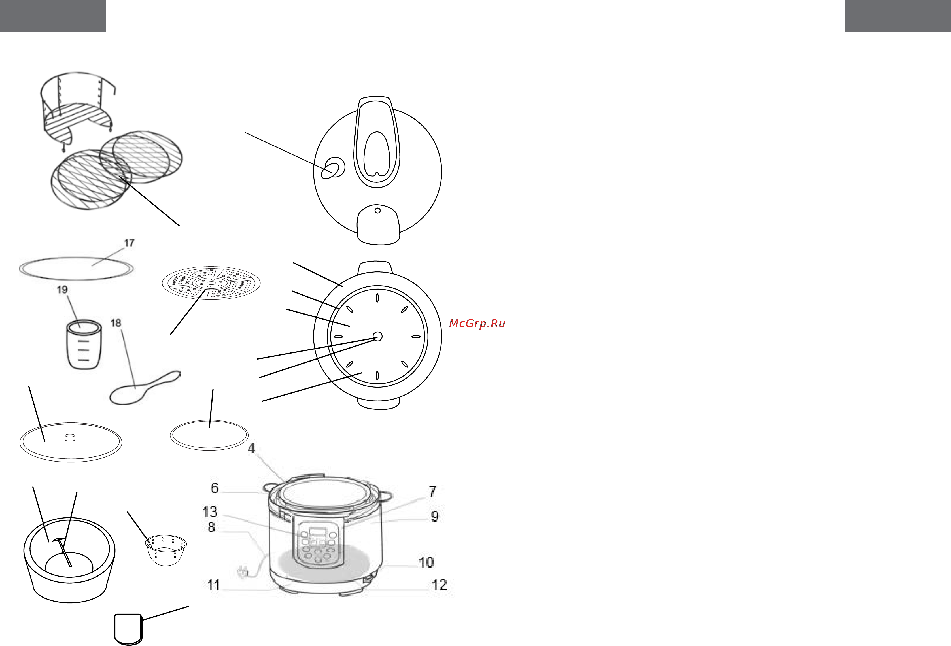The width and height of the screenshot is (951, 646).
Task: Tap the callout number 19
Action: coord(62,290)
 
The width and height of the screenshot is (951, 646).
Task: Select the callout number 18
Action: coord(116,323)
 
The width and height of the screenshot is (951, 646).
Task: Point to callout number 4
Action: coord(251,449)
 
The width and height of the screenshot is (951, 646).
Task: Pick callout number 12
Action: coord(440,585)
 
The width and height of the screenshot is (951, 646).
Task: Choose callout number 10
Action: coord(426,562)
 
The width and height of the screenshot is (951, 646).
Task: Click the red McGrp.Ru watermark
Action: coord(477,324)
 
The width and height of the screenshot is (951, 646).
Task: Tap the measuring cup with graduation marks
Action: coord(84,345)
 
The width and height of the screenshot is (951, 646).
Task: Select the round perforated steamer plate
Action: coord(211,283)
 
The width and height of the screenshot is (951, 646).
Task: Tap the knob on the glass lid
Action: coord(70,437)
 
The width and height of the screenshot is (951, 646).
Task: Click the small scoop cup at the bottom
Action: coord(128,629)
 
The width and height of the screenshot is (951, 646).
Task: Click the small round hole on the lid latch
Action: coord(378,210)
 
